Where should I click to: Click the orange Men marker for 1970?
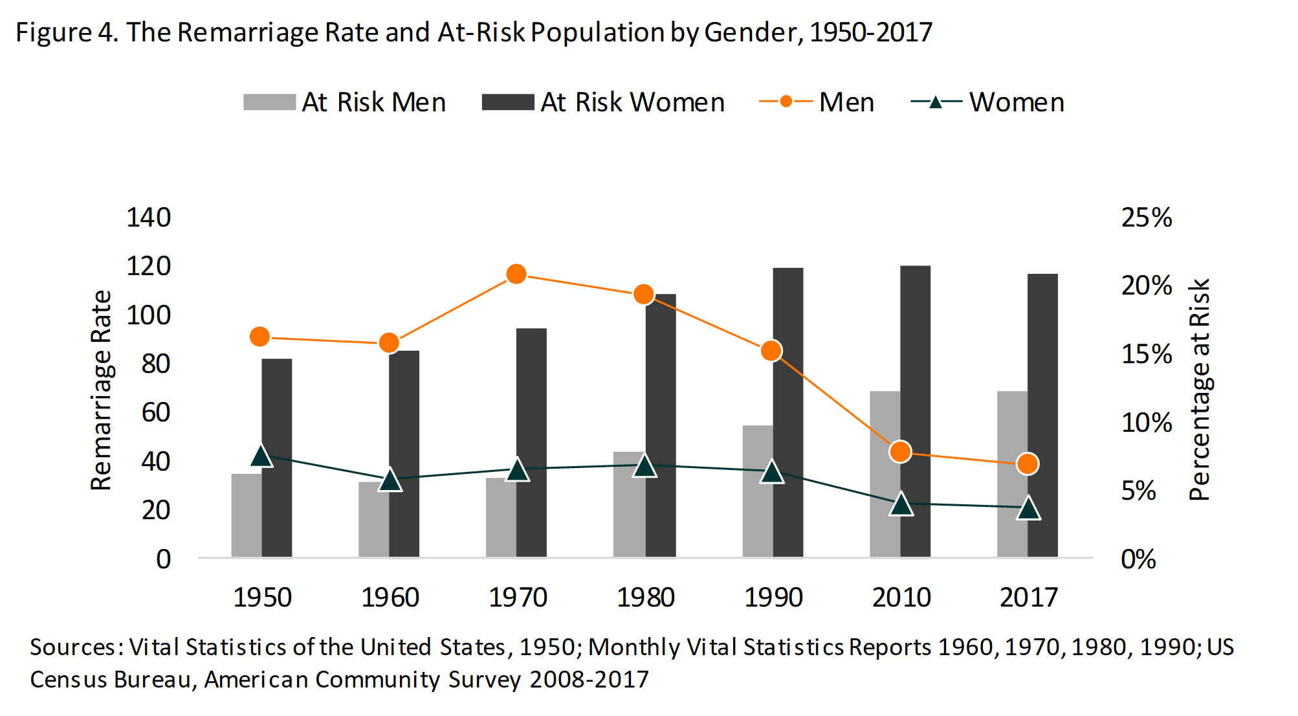tap(516, 274)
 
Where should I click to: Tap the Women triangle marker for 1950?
tap(261, 456)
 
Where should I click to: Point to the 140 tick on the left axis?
tap(149, 218)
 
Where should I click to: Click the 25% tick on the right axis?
tap(1147, 218)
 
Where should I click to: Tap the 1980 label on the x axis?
tap(645, 597)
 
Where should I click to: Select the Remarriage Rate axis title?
tap(102, 390)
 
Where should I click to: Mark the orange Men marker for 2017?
tap(1028, 464)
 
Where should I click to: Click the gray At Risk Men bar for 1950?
tap(247, 515)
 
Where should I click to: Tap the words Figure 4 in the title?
tap(66, 32)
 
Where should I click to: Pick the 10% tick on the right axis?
tap(1147, 423)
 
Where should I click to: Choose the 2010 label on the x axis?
tap(901, 597)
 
